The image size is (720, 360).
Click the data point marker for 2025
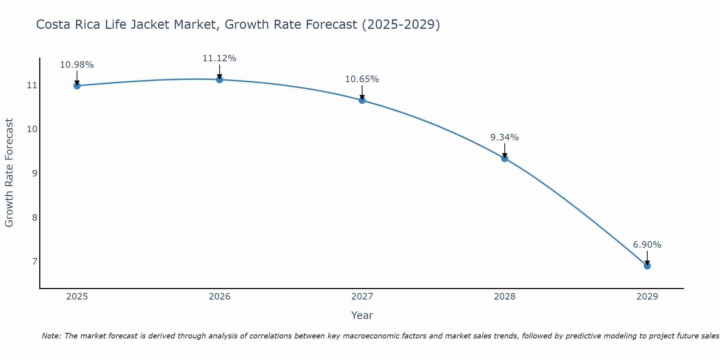[x=77, y=86]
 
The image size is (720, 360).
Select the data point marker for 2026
[x=220, y=80]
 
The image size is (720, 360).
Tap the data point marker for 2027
[x=362, y=100]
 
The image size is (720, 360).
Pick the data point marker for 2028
[x=505, y=158]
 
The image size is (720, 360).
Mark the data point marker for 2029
[x=647, y=266]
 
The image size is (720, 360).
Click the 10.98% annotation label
[x=77, y=65]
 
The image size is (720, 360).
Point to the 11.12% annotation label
[x=220, y=58]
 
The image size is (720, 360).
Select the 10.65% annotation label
[x=362, y=79]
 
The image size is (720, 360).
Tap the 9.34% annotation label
[x=505, y=138]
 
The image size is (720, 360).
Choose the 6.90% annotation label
[x=647, y=245]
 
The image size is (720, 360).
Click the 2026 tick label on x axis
[x=220, y=297]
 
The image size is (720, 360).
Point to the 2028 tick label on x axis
[x=505, y=297]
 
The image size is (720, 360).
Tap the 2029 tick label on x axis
[x=647, y=297]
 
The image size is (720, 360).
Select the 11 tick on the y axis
[x=32, y=85]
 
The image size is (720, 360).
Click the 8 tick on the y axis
[x=35, y=217]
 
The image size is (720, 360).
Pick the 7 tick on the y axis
[x=35, y=261]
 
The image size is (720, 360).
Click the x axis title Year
[x=362, y=315]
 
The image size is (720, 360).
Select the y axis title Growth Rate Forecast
[x=9, y=173]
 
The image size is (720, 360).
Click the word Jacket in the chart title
[x=193, y=25]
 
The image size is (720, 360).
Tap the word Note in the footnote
[x=51, y=336]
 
